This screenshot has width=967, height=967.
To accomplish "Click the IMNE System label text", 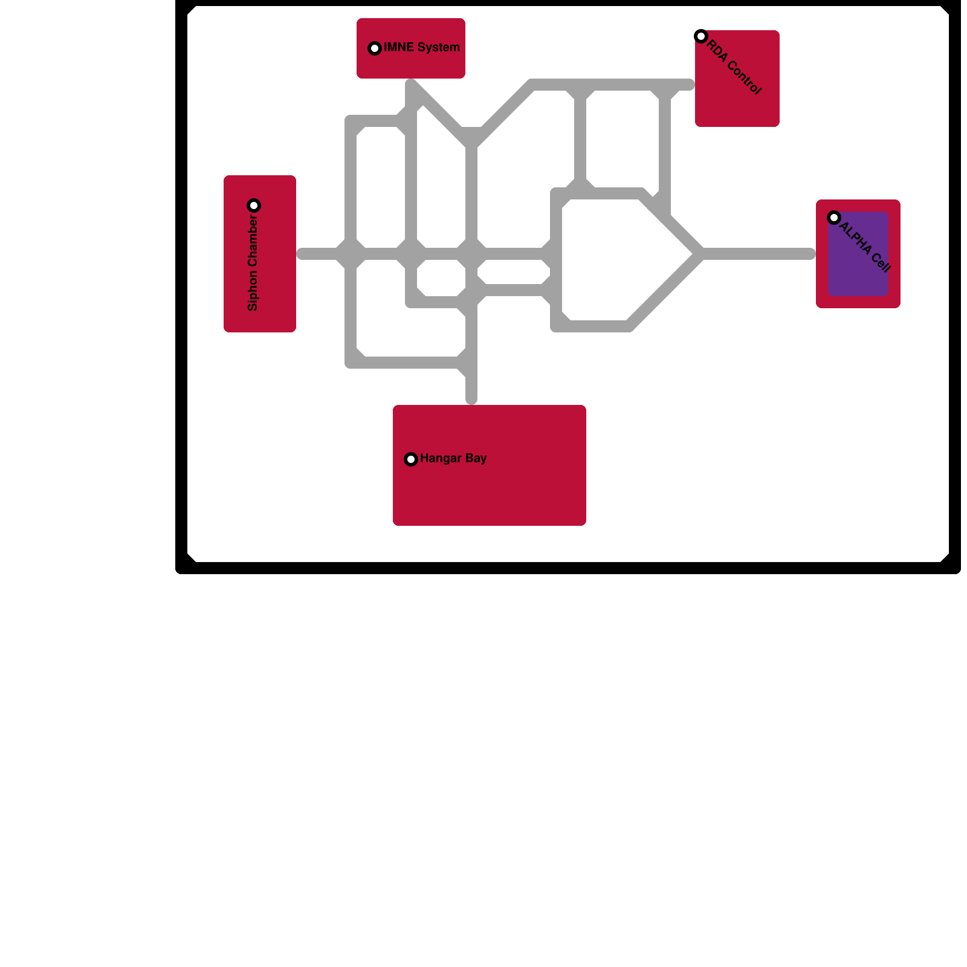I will (x=421, y=47).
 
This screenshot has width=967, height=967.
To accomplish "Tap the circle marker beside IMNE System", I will (x=375, y=48).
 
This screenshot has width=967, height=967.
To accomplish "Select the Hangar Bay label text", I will (x=453, y=458).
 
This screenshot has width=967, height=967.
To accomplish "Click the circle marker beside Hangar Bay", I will (x=411, y=459).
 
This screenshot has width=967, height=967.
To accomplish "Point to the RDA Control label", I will (x=734, y=67).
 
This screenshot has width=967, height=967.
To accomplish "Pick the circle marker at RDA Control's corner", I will (x=701, y=36).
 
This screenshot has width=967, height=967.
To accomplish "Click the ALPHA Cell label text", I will (x=865, y=247).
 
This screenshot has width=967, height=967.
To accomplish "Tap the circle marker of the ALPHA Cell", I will (x=834, y=218).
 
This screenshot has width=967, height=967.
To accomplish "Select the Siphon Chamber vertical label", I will (x=253, y=263).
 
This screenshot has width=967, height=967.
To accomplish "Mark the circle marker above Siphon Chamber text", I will (x=254, y=205).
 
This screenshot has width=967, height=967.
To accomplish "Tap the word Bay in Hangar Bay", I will (x=476, y=458).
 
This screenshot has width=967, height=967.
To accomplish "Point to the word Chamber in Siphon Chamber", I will (x=253, y=242).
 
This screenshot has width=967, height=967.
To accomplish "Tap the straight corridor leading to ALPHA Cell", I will (x=762, y=254).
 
